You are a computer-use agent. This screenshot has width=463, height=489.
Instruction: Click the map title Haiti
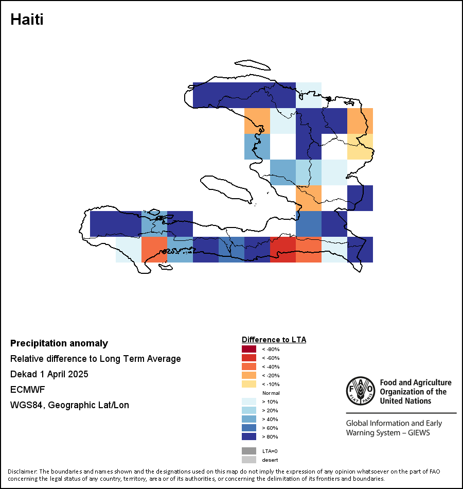[27, 20]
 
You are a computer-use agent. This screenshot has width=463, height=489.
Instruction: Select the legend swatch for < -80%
[249, 349]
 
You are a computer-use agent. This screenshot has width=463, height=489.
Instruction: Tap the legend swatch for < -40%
[249, 366]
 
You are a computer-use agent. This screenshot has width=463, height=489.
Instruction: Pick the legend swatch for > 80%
[249, 436]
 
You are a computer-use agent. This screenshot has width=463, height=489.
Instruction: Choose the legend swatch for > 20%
[249, 410]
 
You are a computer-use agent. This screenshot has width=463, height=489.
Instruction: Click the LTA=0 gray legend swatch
[249, 451]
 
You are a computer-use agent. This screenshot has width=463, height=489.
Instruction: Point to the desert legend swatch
[249, 460]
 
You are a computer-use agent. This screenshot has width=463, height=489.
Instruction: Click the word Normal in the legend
[271, 393]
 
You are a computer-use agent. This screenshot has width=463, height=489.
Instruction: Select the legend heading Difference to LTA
[274, 340]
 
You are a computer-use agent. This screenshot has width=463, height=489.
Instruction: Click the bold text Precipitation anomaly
[59, 343]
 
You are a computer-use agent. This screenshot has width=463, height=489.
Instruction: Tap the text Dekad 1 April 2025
[49, 374]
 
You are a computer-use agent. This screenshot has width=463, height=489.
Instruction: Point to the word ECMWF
[27, 390]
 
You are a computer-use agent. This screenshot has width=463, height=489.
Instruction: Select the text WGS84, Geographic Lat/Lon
[69, 405]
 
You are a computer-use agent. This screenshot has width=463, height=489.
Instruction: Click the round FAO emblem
[361, 391]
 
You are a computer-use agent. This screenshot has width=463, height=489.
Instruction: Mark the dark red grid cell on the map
[283, 250]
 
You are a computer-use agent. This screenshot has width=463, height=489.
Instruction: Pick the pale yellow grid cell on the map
[360, 147]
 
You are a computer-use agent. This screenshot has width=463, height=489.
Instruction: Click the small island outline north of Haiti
[253, 65]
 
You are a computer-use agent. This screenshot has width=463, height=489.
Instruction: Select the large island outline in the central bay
[227, 189]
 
